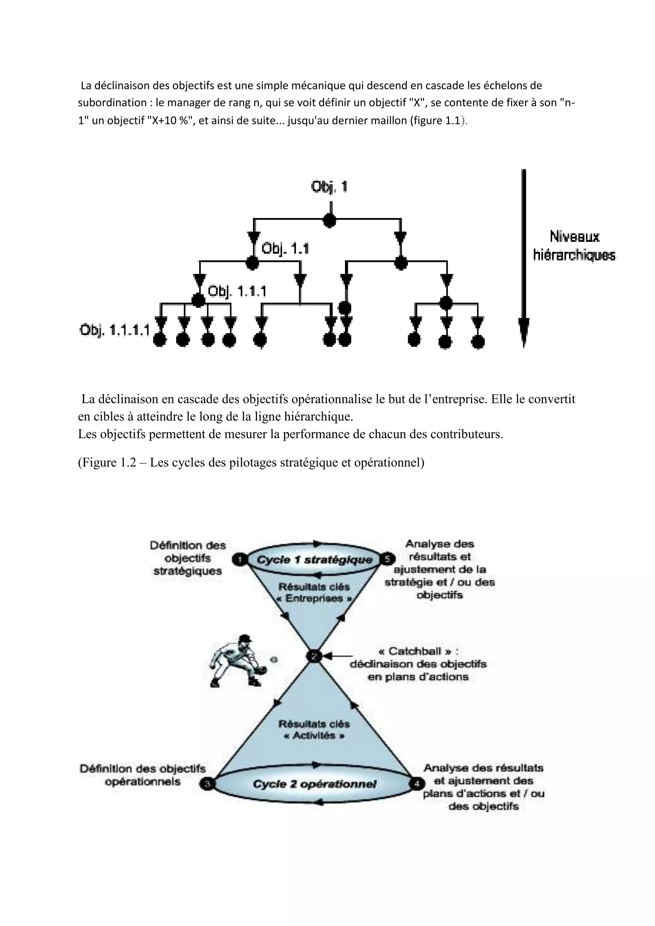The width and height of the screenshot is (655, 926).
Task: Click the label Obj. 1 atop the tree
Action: pos(329,187)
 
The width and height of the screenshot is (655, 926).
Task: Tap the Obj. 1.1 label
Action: pos(285,248)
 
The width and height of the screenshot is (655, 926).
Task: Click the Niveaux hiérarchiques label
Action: pos(574,246)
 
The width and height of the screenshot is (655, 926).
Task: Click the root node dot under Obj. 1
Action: pos(329,220)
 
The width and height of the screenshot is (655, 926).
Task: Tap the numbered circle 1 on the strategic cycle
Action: pos(240,559)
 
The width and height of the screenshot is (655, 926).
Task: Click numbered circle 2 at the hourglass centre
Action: pos(314,656)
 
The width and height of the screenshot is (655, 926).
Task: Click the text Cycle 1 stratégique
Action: pos(315,560)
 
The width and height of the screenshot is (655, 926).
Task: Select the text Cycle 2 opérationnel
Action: pos(315,784)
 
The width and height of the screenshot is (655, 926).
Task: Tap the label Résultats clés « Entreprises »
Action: pos(314,592)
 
